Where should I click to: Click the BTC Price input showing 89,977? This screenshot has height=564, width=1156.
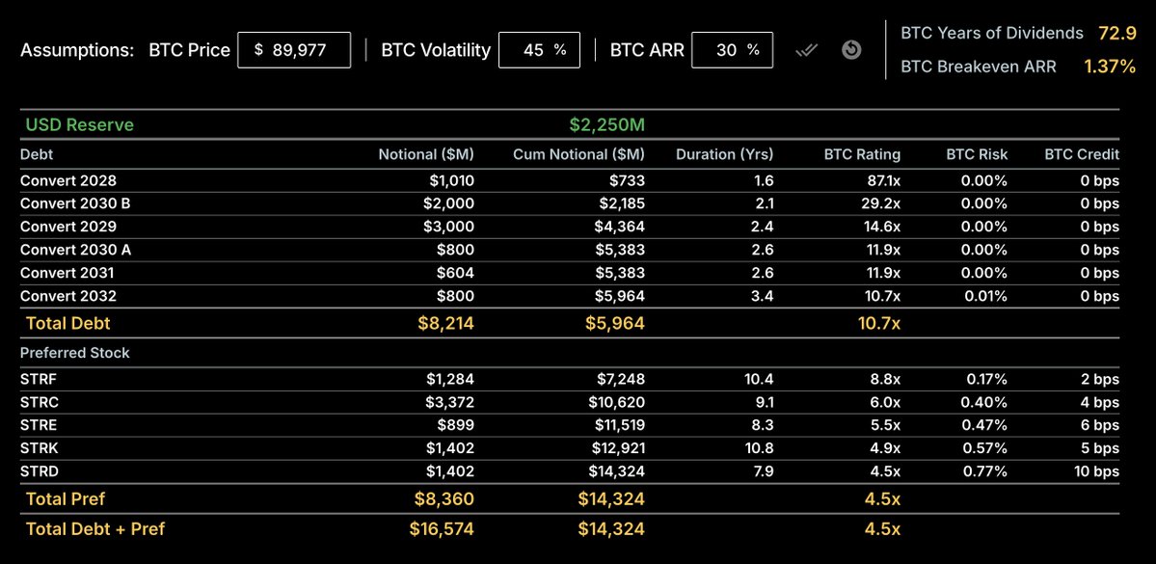[x=294, y=50]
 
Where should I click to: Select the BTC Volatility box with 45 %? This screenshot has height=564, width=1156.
[x=539, y=50]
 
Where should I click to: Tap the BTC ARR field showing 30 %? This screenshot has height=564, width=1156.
[x=732, y=50]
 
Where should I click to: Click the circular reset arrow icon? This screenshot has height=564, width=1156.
[x=851, y=49]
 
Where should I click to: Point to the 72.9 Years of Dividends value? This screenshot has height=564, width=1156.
[x=1116, y=34]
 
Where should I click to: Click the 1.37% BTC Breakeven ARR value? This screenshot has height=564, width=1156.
[x=1110, y=67]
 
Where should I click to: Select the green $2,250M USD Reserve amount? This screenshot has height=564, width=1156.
[x=606, y=125]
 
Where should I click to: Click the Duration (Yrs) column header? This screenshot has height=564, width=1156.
[x=724, y=154]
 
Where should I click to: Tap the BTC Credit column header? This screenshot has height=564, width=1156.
[x=1082, y=154]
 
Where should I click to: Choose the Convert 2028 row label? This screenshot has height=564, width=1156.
[x=68, y=180]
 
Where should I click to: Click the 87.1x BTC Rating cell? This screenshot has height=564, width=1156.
[x=877, y=180]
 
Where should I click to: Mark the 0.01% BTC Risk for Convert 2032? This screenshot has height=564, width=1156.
[x=984, y=296]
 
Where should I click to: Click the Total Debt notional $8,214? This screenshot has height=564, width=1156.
[x=445, y=324]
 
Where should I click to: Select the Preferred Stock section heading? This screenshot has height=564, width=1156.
[x=75, y=353]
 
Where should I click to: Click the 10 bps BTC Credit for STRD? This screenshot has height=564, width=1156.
[x=1096, y=471]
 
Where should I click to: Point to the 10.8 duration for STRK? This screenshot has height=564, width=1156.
[x=759, y=448]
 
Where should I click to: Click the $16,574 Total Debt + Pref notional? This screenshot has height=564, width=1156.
[x=442, y=528]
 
